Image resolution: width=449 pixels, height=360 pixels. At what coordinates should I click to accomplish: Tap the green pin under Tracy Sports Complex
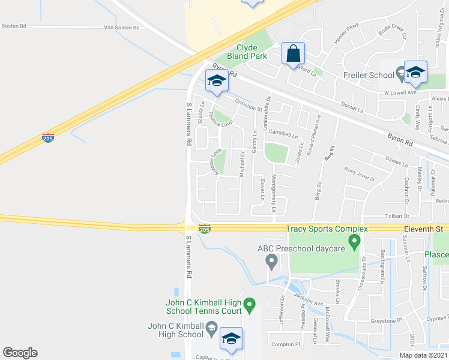coord(354,243)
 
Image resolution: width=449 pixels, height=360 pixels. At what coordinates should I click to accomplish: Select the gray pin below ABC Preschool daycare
coord(271,261)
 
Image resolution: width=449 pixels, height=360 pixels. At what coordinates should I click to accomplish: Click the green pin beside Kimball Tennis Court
coord(251,306)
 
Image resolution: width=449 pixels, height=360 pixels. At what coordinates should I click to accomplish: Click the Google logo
coord(20,353)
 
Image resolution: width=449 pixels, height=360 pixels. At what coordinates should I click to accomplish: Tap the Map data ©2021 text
coord(423,355)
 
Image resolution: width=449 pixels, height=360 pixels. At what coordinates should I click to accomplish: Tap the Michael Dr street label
coord(243,163)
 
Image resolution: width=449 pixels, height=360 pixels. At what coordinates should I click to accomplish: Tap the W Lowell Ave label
coord(400,93)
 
